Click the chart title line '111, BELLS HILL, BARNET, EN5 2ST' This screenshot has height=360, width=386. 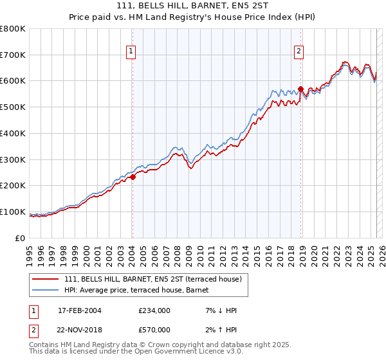click(193, 5)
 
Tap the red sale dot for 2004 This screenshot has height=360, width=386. click(133, 177)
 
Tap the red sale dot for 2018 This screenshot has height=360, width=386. click(300, 89)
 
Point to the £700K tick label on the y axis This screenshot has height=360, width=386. click(14, 55)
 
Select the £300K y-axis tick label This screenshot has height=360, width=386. click(14, 159)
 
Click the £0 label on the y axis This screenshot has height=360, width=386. click(21, 238)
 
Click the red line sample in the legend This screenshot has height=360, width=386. click(46, 279)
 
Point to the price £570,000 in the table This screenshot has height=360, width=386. click(154, 330)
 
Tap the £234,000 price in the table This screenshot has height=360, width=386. click(154, 310)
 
